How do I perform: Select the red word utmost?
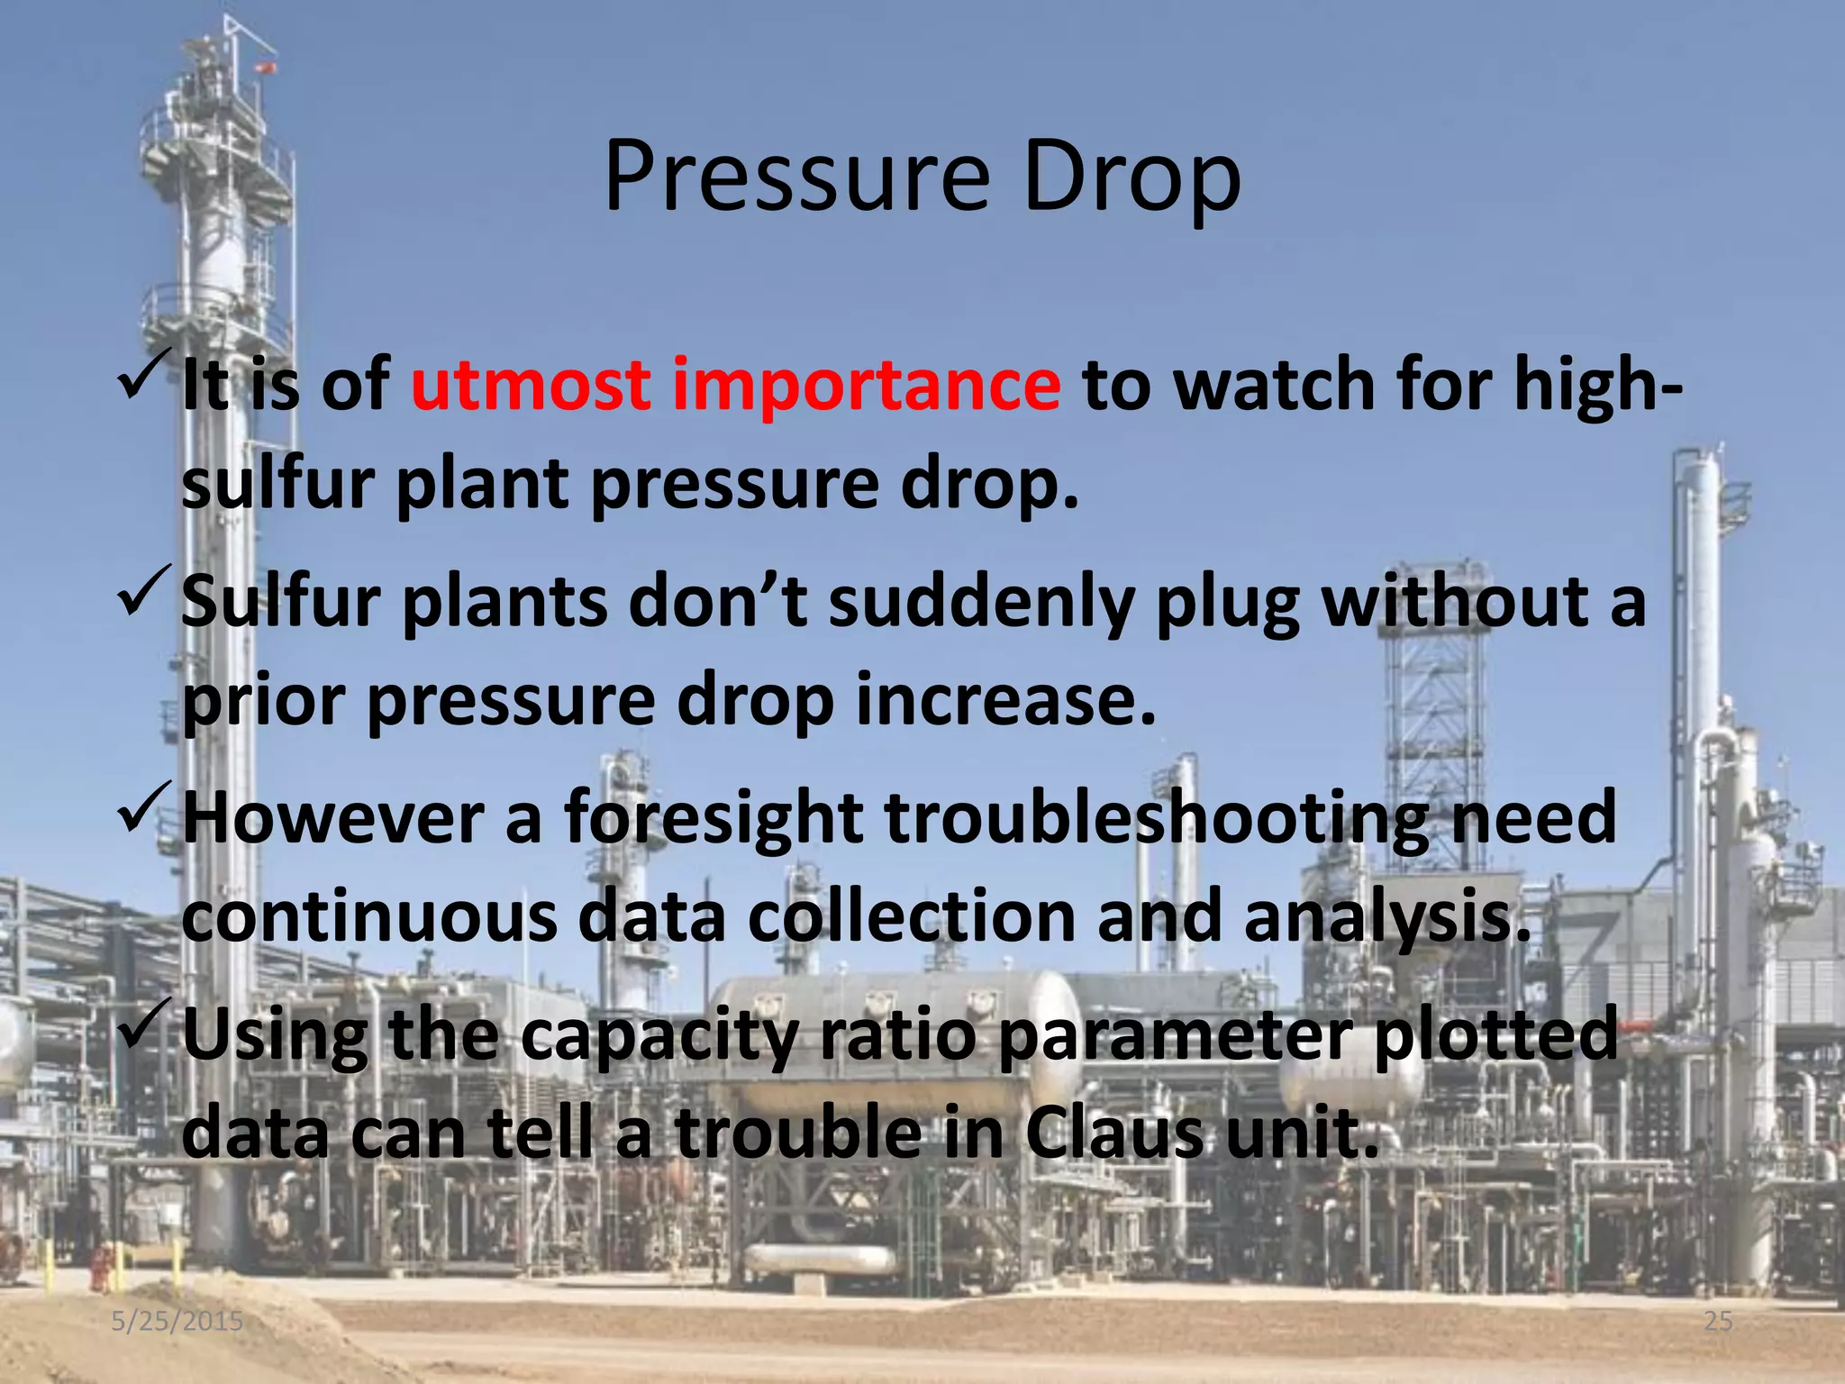coord(530,385)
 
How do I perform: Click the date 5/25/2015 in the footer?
coord(177,1321)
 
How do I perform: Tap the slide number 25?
coord(1718,1321)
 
